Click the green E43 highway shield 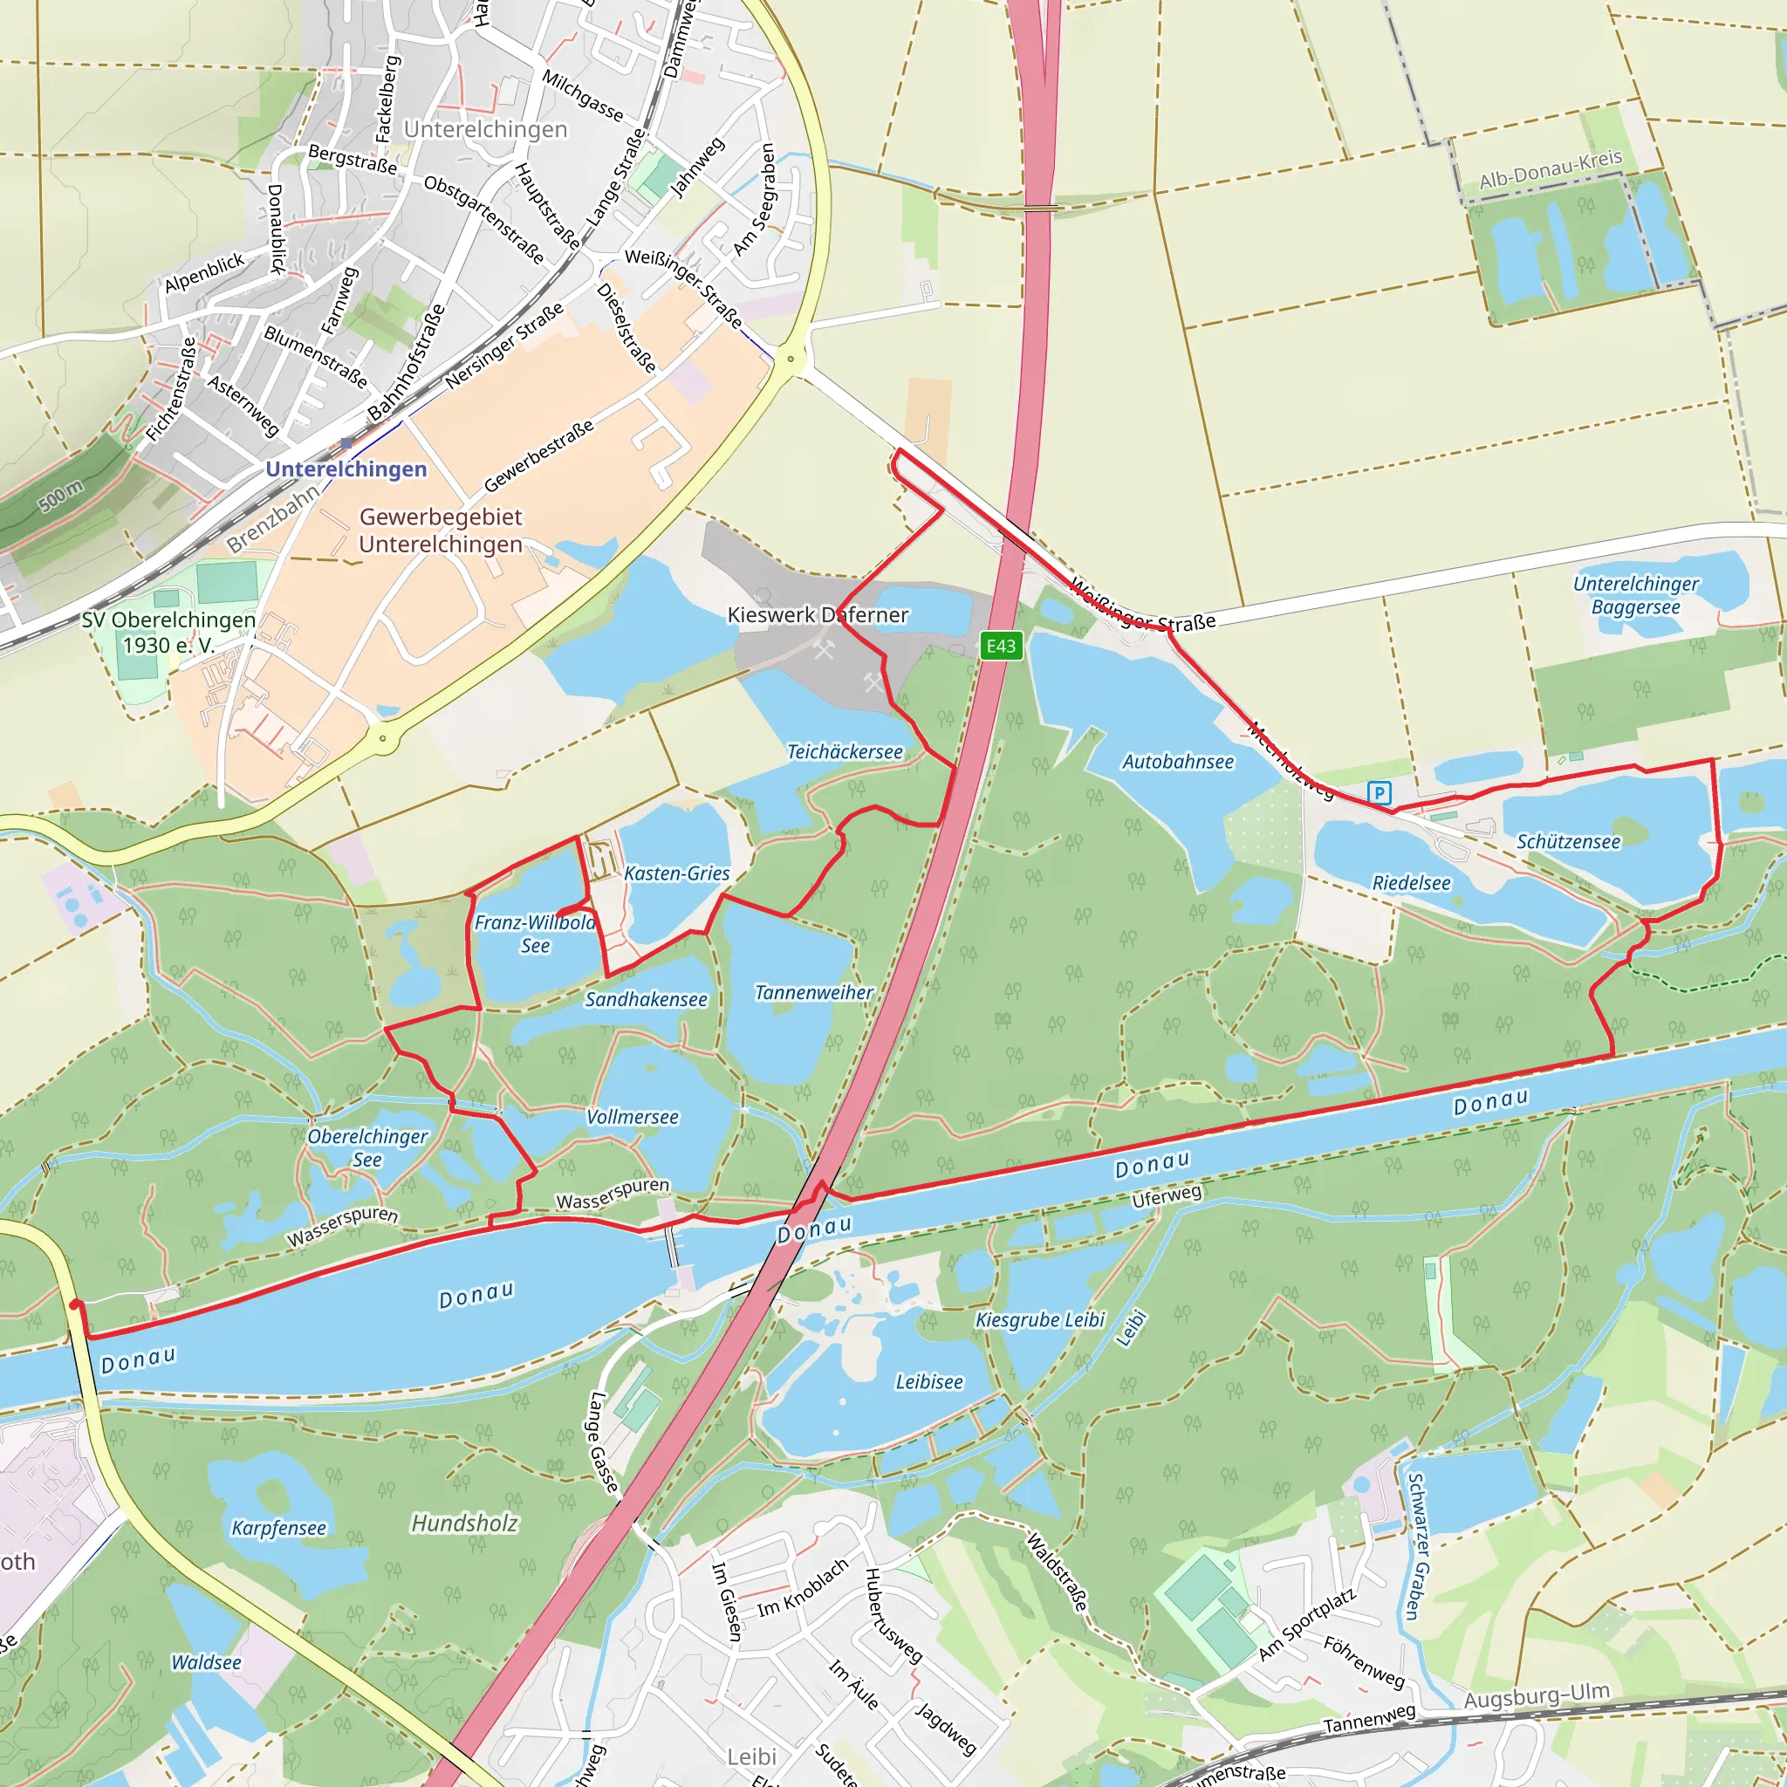[1001, 646]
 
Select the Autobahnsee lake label [1177, 761]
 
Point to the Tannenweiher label [813, 992]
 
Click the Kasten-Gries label [676, 873]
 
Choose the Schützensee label [1568, 842]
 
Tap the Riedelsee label [1411, 882]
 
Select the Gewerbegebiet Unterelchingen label [441, 530]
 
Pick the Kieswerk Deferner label [818, 614]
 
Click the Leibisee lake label [928, 1382]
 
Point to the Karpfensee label [278, 1528]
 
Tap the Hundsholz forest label [464, 1523]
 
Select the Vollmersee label [632, 1116]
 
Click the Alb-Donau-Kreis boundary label [1551, 169]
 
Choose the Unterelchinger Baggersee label [1635, 596]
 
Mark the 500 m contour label [61, 496]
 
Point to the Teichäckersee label [844, 752]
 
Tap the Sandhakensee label [646, 999]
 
